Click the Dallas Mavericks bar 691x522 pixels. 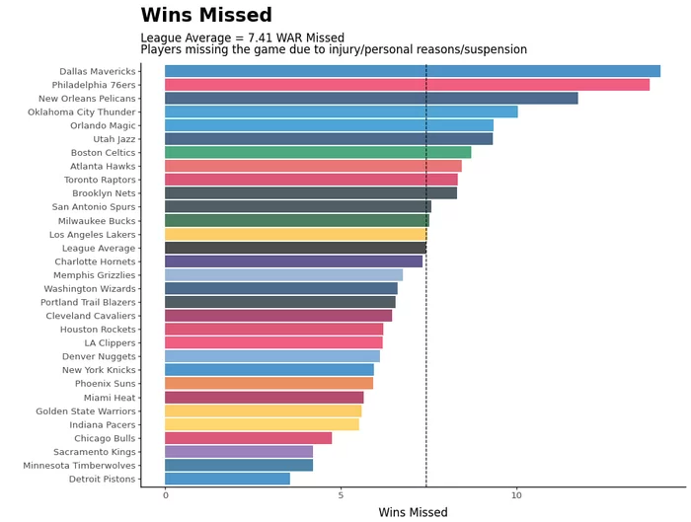(x=412, y=71)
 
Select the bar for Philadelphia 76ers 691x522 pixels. (x=407, y=85)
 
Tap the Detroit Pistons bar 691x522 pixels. (x=227, y=479)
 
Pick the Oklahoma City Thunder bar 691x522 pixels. (x=341, y=112)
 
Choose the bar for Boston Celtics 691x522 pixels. (x=318, y=152)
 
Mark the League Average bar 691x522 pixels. (x=295, y=248)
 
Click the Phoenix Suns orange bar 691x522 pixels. (x=269, y=383)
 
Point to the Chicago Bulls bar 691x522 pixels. (x=248, y=437)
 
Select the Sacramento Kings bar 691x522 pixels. (x=239, y=451)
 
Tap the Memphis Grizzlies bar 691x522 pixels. (x=283, y=274)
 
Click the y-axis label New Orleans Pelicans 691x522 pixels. (x=87, y=99)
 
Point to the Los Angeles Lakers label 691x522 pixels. (x=93, y=234)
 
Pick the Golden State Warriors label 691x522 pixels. (x=86, y=410)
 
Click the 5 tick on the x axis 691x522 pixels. (x=341, y=495)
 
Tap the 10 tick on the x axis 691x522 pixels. (x=516, y=495)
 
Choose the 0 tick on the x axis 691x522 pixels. (x=165, y=495)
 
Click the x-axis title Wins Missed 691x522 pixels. (x=413, y=513)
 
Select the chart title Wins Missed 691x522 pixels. (x=219, y=16)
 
